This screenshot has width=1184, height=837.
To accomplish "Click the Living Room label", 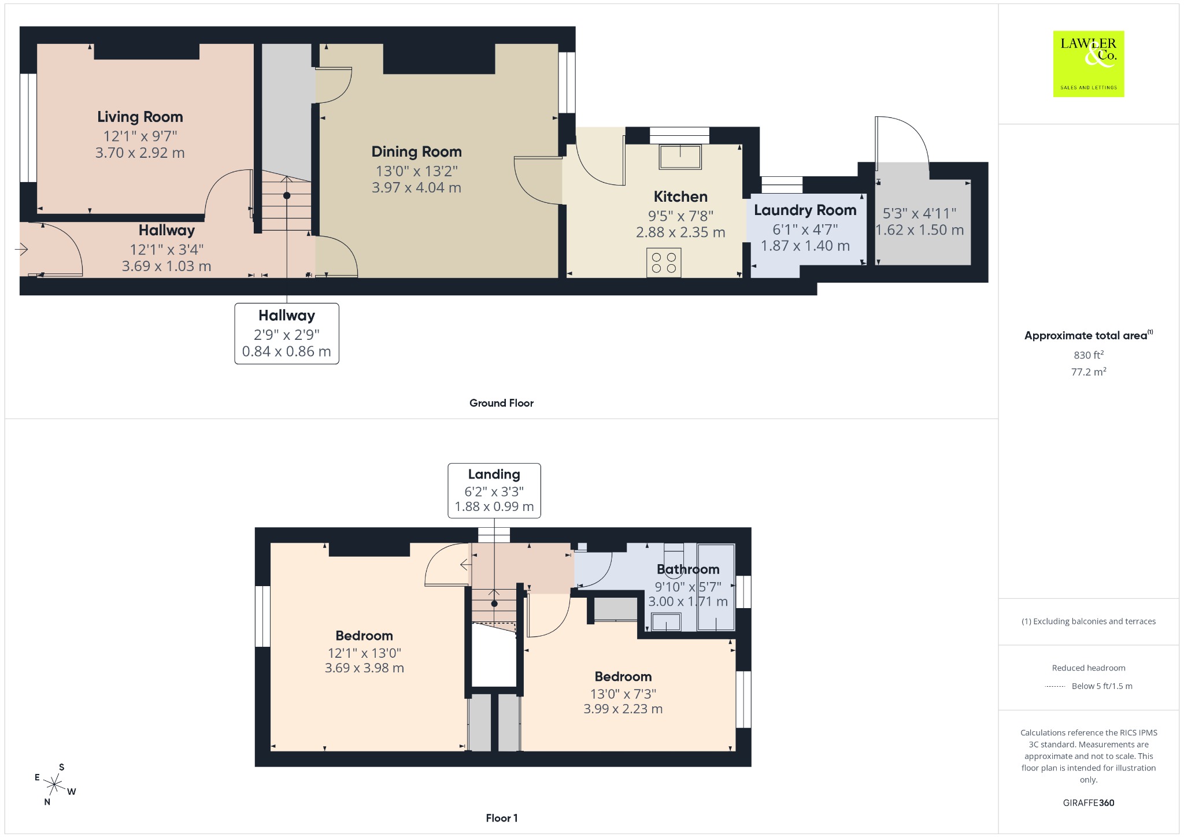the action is pos(140,117).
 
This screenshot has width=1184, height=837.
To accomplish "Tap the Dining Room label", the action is pos(416,151).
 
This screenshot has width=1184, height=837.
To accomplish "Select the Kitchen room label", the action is pos(680,197).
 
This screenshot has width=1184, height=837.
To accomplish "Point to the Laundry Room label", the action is pos(805,210).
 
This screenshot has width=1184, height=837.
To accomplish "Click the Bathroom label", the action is pos(688,569).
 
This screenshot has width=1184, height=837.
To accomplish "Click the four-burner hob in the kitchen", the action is pos(664,262).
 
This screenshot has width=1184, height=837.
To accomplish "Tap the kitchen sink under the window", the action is pos(680,157).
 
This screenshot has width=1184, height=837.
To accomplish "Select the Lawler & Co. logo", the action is pos(1089,64).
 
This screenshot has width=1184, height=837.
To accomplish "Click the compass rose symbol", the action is pos(55,784).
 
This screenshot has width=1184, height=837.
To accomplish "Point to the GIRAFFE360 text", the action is pos(1089,803).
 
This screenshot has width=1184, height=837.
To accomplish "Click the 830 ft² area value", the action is pos(1089,355).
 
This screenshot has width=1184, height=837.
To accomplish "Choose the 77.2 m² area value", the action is pos(1089,372).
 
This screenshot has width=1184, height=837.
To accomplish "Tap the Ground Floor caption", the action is pos(501,403).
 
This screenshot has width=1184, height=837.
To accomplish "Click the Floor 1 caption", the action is pos(502,818).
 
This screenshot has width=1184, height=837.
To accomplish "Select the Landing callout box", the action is pos(494,490).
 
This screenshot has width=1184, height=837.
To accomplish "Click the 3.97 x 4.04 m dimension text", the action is pos(416,187).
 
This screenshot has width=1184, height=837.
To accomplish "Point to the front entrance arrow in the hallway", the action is pos(21,249).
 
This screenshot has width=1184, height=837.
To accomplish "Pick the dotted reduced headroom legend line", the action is pos(1055,686).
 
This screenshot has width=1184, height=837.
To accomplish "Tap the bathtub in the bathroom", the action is pos(716,587).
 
